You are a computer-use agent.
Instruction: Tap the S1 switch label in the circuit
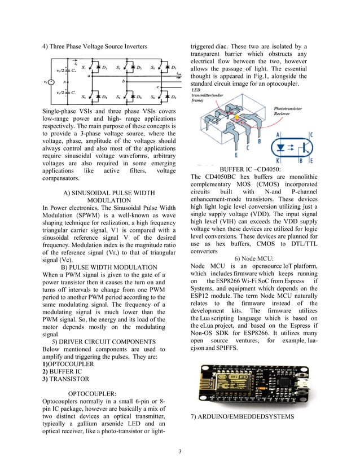84,68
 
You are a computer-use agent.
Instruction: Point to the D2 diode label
173,96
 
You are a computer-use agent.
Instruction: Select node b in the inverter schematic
123,81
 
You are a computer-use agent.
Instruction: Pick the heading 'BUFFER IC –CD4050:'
251,169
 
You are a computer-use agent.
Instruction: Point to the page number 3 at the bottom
179,451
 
